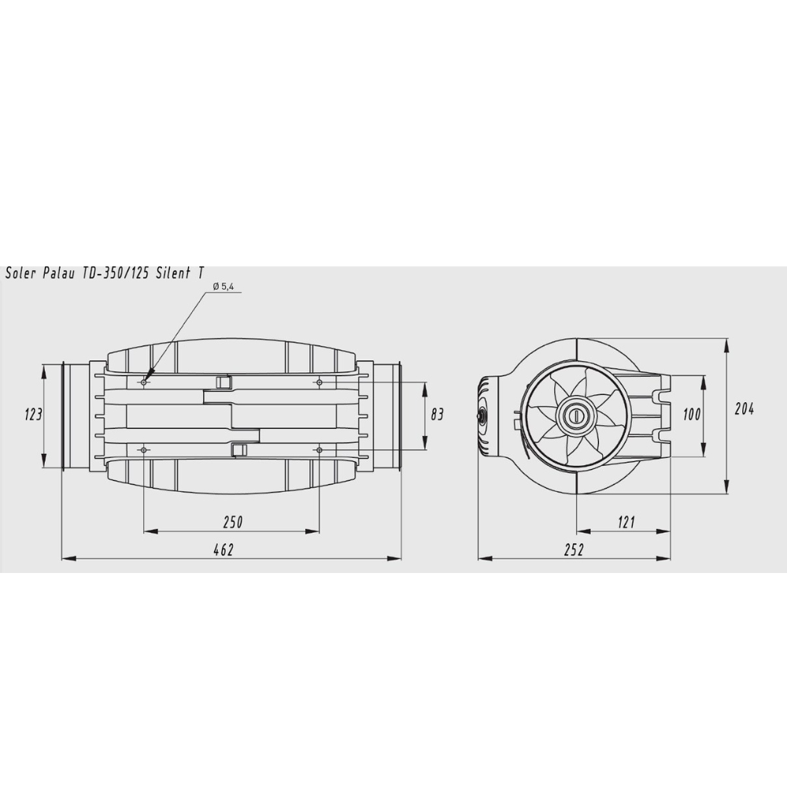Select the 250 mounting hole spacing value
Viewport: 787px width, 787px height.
point(232,522)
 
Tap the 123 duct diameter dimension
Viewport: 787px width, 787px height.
point(34,415)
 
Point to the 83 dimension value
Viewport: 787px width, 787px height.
point(437,415)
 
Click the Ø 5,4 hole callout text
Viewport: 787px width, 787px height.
point(224,286)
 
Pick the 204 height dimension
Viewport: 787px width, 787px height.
point(744,409)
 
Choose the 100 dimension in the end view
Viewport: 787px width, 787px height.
point(692,415)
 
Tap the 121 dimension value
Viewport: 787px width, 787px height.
point(626,522)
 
